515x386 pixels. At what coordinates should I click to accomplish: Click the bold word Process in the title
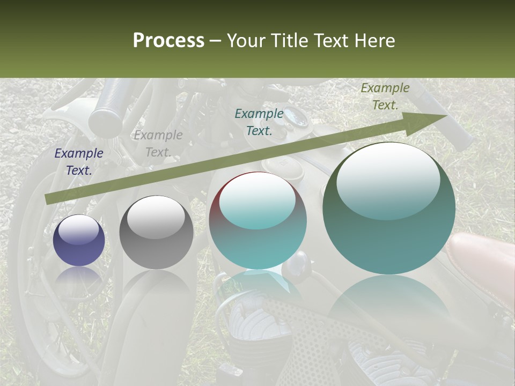click(168, 41)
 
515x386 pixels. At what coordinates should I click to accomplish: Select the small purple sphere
click(79, 240)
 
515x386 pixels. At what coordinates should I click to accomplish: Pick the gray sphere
click(156, 232)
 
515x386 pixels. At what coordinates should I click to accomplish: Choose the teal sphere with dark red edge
click(257, 220)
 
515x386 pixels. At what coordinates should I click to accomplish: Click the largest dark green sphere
click(389, 208)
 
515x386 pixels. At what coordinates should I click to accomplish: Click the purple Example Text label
click(79, 161)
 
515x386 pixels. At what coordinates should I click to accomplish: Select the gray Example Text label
click(158, 144)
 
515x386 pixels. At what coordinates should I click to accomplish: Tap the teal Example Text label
click(259, 122)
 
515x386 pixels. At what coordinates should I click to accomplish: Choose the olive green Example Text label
click(385, 96)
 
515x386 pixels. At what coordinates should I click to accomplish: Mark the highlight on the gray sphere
click(156, 217)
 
